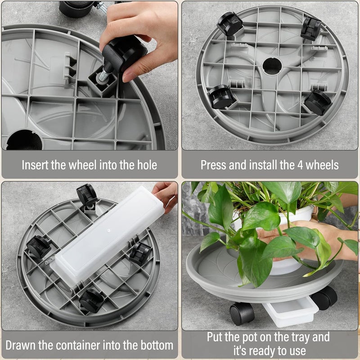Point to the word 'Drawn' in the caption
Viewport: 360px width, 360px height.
[x=21, y=345]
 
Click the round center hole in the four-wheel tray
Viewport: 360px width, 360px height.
[x=272, y=66]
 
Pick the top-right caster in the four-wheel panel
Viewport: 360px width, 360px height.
[x=311, y=28]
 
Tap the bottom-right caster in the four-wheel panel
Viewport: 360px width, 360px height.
[x=318, y=102]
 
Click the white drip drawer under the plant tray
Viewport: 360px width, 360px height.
[x=290, y=313]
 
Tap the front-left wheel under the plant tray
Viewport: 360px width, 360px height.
[x=242, y=313]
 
